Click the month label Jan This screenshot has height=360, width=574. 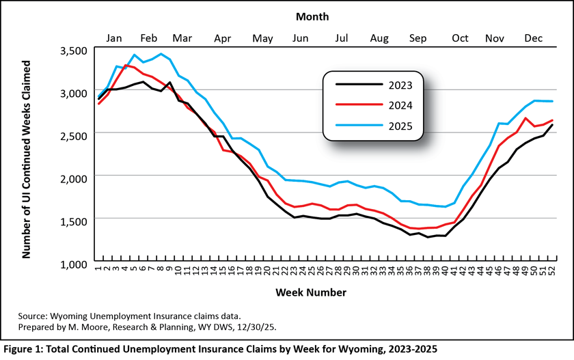(114, 39)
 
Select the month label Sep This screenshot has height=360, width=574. (418, 39)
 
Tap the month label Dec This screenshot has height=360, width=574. (533, 39)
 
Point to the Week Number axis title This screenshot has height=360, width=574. (311, 292)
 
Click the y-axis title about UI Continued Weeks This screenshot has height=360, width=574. (27, 158)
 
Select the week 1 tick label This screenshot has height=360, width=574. (98, 271)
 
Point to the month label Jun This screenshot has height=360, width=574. (299, 39)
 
